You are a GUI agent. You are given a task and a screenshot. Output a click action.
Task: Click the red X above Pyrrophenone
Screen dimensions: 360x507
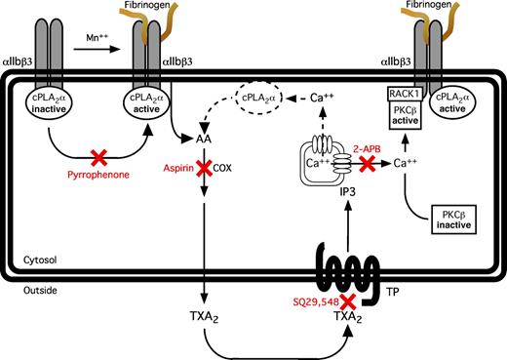(97, 157)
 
